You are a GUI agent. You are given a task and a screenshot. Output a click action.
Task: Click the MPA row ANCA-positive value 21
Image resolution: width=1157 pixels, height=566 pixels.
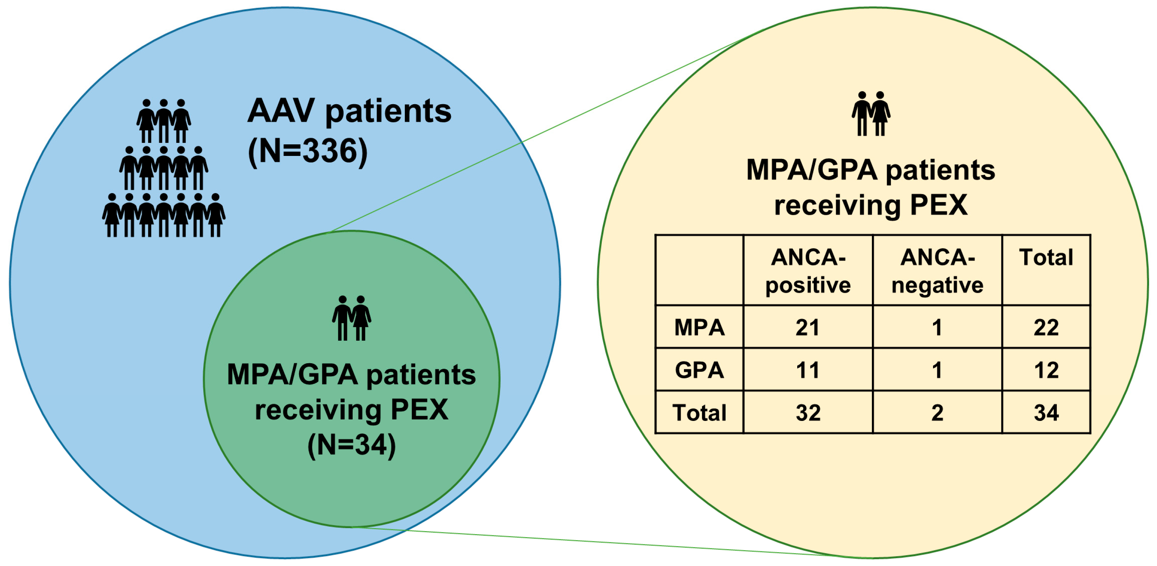[808, 328]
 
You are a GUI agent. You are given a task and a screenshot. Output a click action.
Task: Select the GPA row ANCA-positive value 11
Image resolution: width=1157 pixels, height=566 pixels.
[808, 370]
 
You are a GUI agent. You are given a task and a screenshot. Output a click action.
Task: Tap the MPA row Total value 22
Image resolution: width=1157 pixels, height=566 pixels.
[1046, 328]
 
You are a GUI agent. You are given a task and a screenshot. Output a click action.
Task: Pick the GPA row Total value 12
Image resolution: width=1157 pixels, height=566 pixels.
[1046, 370]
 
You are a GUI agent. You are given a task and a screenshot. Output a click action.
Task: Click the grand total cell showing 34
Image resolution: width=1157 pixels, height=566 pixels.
[1046, 412]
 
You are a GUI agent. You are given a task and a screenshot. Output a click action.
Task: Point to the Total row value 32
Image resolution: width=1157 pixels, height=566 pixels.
[808, 412]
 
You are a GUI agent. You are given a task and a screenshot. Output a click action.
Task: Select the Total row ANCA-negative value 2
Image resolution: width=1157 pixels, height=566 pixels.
[937, 412]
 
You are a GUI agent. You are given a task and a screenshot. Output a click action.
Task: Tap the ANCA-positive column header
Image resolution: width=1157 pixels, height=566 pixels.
[808, 271]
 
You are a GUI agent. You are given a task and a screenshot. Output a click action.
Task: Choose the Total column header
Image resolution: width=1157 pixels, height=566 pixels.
[1046, 258]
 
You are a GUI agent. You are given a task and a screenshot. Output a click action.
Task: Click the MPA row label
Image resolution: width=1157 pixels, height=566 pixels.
[699, 328]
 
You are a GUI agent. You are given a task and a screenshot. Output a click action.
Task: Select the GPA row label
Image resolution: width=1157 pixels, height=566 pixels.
[699, 370]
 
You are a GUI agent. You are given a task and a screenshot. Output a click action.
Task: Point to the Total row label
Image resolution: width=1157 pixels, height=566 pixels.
[699, 412]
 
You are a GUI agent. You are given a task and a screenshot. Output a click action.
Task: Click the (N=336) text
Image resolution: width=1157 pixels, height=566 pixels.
[308, 151]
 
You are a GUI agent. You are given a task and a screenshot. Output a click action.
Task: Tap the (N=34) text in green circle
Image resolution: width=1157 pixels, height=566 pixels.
[351, 445]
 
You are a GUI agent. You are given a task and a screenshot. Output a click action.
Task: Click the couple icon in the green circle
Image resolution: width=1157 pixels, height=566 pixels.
[351, 318]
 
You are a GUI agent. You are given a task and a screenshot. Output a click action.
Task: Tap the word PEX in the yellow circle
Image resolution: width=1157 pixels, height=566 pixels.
[938, 205]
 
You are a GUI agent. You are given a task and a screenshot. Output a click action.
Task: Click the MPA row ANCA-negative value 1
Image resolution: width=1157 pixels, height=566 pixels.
[937, 328]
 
